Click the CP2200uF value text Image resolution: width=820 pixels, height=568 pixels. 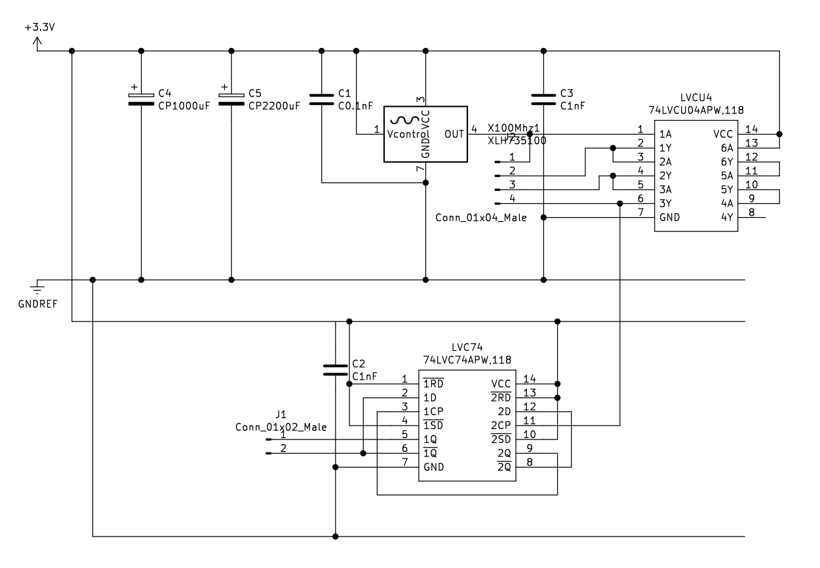pos(274,105)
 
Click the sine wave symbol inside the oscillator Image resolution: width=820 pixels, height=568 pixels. pos(404,120)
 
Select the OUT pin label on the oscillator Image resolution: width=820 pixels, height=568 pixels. pos(454,134)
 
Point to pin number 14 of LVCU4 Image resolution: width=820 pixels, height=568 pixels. pos(751,129)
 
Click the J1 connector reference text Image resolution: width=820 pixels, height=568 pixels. pos(281,415)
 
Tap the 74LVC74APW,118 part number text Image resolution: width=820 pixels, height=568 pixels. pos(467,360)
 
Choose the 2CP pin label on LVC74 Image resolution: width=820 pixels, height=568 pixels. pos(501,424)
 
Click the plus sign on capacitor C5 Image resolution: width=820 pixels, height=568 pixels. pos(224,87)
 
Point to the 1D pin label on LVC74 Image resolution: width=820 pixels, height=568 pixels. pos(430,397)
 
